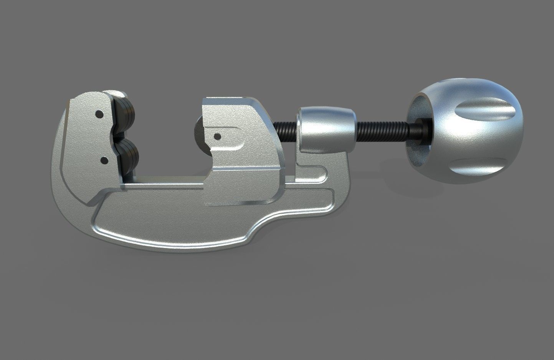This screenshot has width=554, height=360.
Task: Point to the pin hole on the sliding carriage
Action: click(217, 136)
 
